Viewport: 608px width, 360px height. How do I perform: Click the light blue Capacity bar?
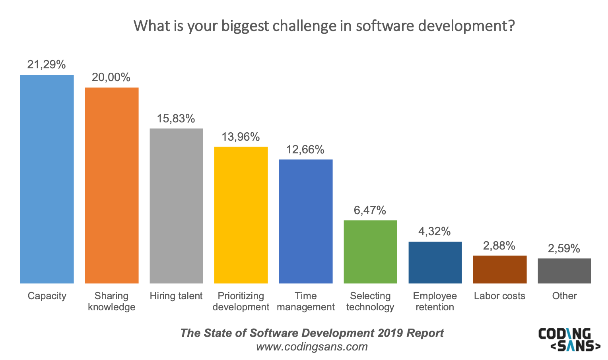point(47,179)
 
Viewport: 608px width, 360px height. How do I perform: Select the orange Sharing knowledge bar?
point(112,185)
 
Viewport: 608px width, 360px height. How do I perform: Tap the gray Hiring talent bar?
point(176,206)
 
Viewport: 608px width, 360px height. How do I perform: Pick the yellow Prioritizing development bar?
point(241,215)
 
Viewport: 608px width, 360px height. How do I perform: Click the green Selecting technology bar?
point(370,252)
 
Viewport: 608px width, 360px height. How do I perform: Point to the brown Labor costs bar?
point(500,269)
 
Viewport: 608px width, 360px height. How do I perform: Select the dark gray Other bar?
point(564,271)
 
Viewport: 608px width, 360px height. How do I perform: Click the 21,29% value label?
point(47,64)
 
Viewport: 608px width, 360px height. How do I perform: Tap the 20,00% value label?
point(111,77)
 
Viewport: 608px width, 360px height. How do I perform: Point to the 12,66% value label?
point(305,149)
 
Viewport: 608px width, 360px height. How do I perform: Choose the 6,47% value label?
point(370,210)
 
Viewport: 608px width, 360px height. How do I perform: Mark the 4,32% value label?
point(435,231)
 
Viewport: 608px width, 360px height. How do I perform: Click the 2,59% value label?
point(564,248)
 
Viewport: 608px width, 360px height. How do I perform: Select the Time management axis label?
point(306,301)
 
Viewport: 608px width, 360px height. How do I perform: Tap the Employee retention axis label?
point(435,301)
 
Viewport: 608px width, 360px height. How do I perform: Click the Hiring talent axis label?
point(176,296)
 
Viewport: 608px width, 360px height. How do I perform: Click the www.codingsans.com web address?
point(312,346)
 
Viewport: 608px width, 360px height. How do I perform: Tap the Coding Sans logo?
point(569,339)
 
